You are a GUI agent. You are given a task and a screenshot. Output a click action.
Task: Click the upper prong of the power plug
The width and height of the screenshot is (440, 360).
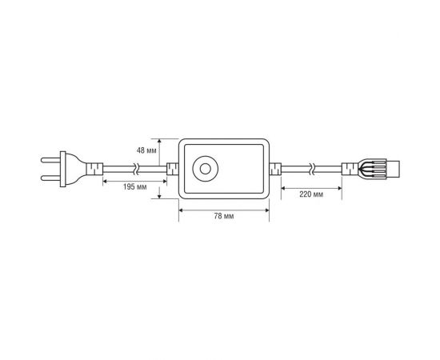(x=46, y=162)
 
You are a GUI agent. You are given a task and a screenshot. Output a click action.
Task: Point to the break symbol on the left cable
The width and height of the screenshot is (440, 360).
(x=137, y=170)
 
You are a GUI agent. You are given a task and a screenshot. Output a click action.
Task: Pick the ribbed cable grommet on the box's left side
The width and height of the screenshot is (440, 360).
(x=170, y=170)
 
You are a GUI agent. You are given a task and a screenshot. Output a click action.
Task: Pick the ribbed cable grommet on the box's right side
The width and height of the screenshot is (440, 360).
(x=275, y=170)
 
